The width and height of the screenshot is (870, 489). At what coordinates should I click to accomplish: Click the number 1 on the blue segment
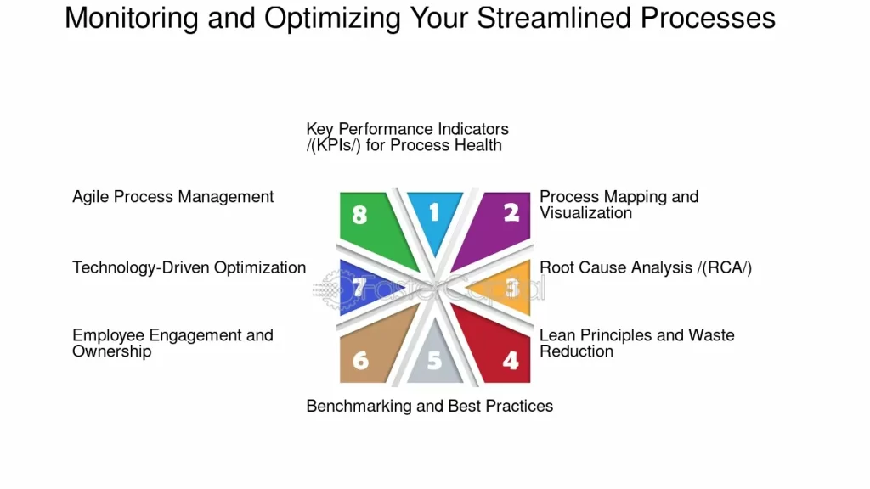click(x=434, y=212)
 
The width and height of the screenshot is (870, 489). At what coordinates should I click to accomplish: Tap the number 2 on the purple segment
click(x=511, y=212)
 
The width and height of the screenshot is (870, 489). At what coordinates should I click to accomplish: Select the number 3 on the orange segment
click(x=512, y=287)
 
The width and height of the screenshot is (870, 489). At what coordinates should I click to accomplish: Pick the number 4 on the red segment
click(x=511, y=361)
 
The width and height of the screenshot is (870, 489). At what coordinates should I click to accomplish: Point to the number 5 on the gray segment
click(x=434, y=361)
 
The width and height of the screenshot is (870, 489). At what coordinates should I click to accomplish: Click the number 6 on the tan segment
click(x=360, y=361)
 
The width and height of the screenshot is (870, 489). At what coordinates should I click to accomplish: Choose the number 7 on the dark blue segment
click(x=359, y=287)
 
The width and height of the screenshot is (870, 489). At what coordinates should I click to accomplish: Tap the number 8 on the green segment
click(x=359, y=215)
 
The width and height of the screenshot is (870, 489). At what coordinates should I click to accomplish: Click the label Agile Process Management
click(x=173, y=197)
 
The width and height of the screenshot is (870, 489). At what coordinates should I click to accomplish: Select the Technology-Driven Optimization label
click(x=189, y=267)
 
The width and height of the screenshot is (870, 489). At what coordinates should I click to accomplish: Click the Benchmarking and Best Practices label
click(x=429, y=407)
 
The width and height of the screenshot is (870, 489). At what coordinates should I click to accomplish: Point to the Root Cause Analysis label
click(x=646, y=267)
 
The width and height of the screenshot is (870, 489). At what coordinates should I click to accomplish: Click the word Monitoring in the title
click(x=132, y=19)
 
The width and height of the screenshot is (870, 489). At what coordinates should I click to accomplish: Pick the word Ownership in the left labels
click(x=111, y=352)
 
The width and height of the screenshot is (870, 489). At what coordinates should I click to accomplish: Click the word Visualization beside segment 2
click(x=585, y=213)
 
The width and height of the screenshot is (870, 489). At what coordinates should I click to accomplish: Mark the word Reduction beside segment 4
click(x=577, y=351)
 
